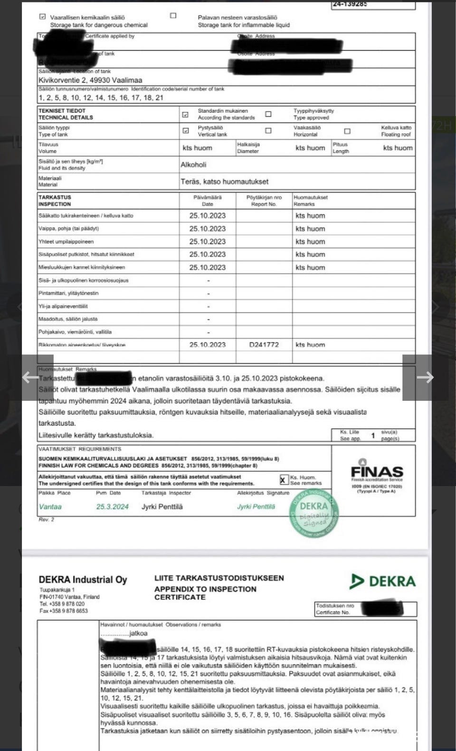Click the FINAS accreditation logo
pyautogui.click(x=377, y=472)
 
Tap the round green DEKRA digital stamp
pyautogui.click(x=314, y=514)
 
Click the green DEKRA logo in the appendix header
pyautogui.click(x=382, y=581)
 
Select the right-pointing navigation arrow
pyautogui.click(x=425, y=377)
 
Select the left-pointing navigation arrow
pyautogui.click(x=30, y=377)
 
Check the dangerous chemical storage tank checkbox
pyautogui.click(x=43, y=17)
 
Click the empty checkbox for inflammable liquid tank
pyautogui.click(x=173, y=16)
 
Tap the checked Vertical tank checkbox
pyautogui.click(x=186, y=131)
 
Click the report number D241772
pyautogui.click(x=264, y=345)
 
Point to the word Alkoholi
pyautogui.click(x=193, y=165)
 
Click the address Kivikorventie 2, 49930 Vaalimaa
pyautogui.click(x=90, y=80)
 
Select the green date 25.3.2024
pyautogui.click(x=112, y=507)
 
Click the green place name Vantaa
pyautogui.click(x=50, y=507)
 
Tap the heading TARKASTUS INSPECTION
pyautogui.click(x=55, y=201)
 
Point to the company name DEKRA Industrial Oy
pyautogui.click(x=83, y=580)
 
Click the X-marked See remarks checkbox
pyautogui.click(x=284, y=480)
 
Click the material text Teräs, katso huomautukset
pyautogui.click(x=224, y=182)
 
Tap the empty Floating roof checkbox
pyautogui.click(x=347, y=131)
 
